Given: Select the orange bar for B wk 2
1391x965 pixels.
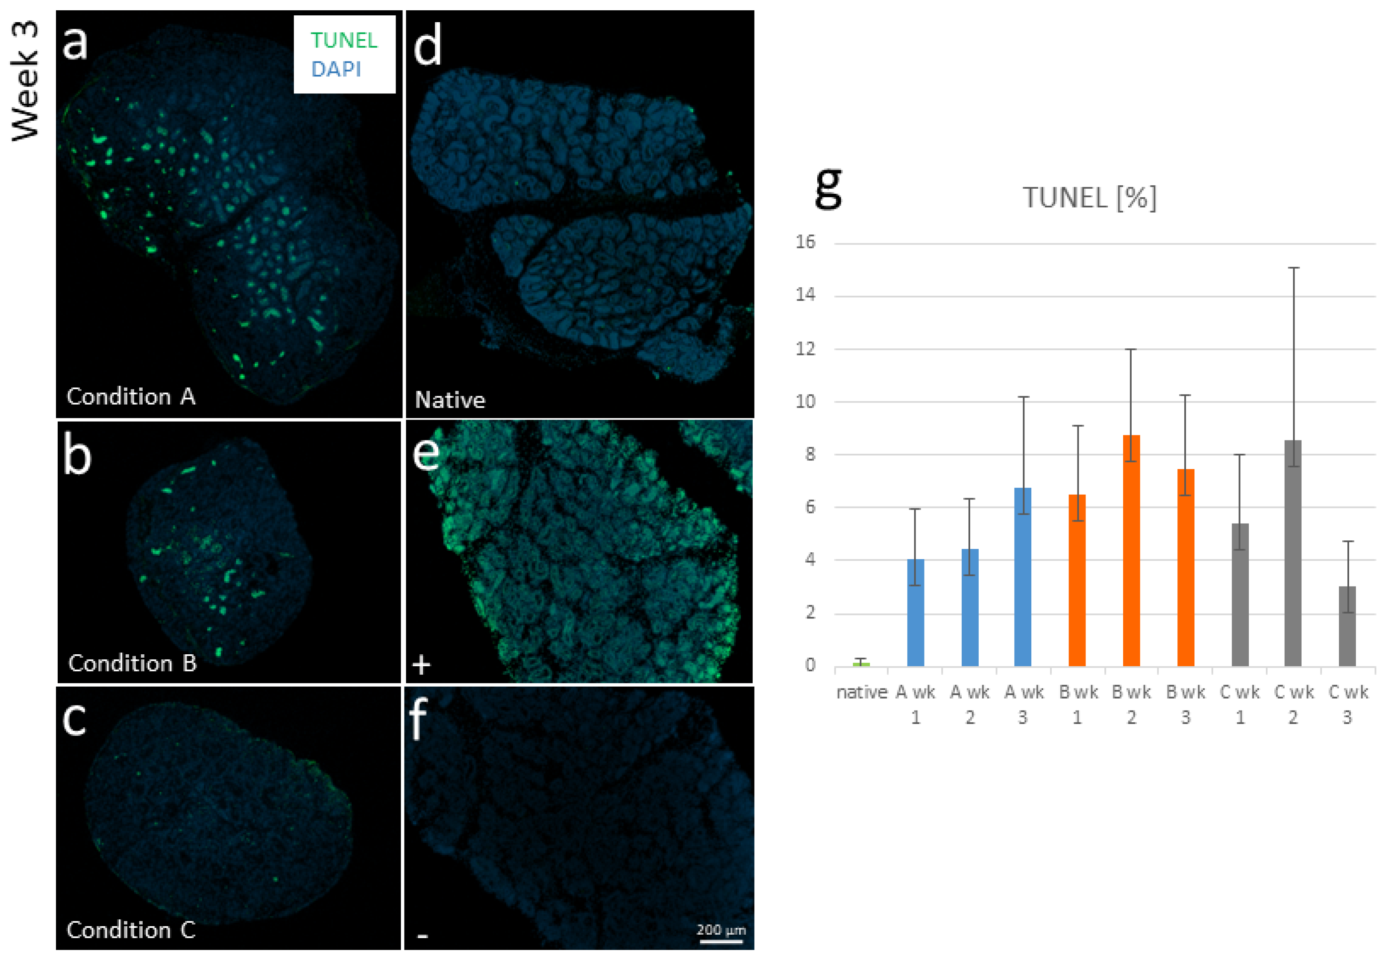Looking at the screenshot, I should (x=1130, y=550).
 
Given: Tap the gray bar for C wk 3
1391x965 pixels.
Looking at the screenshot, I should (x=1347, y=626).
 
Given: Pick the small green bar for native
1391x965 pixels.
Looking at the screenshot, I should (x=860, y=664).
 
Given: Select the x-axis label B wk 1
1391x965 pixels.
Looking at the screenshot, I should (x=1077, y=704).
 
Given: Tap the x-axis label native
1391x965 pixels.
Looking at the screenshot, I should (x=861, y=692).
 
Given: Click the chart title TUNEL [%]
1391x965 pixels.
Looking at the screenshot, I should (x=1089, y=198).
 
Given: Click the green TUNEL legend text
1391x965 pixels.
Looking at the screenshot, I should (x=343, y=41).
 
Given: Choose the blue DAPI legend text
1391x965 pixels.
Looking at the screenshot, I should (x=336, y=70).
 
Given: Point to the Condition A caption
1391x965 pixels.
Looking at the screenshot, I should (x=131, y=396).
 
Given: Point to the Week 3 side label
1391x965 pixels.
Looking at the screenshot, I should (x=25, y=80).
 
